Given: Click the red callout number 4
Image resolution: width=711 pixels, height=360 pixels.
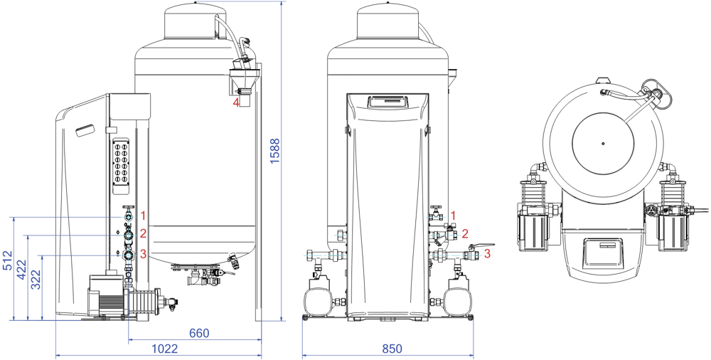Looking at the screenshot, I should click(x=235, y=102).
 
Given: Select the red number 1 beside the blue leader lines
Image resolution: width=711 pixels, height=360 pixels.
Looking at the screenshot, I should click(x=143, y=216).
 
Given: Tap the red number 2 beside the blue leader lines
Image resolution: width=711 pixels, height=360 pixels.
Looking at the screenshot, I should click(x=143, y=233).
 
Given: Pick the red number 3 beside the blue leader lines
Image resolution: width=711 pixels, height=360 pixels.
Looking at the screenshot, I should click(x=143, y=254).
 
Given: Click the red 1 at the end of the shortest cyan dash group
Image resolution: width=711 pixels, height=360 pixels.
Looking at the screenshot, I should click(x=453, y=216).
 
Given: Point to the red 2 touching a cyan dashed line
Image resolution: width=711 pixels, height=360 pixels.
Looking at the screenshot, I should click(x=465, y=234).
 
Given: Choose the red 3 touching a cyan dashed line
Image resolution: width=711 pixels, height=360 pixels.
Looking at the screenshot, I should click(x=487, y=253).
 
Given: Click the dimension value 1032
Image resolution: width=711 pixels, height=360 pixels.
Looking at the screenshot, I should click(x=164, y=349).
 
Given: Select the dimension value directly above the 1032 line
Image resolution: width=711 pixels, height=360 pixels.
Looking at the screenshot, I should click(x=199, y=333).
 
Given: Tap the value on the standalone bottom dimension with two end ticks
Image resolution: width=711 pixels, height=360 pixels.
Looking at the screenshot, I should click(x=392, y=349).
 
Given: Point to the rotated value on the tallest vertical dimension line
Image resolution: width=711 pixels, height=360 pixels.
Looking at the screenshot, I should click(x=274, y=151).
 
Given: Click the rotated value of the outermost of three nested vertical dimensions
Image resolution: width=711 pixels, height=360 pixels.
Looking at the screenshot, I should click(x=7, y=260).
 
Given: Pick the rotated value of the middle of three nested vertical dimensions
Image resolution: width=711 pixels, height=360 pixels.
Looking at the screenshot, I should click(x=21, y=269).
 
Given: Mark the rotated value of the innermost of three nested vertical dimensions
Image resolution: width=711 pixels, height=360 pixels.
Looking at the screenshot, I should click(x=36, y=280).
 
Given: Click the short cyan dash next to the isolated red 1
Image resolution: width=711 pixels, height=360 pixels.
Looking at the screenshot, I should click(x=435, y=217).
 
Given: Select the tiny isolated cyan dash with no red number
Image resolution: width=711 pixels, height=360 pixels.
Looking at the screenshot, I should click(x=339, y=235).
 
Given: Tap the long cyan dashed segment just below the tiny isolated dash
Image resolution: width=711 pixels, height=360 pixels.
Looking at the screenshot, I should click(x=324, y=255).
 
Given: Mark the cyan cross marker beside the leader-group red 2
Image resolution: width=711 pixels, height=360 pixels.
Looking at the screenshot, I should click(x=129, y=235).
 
